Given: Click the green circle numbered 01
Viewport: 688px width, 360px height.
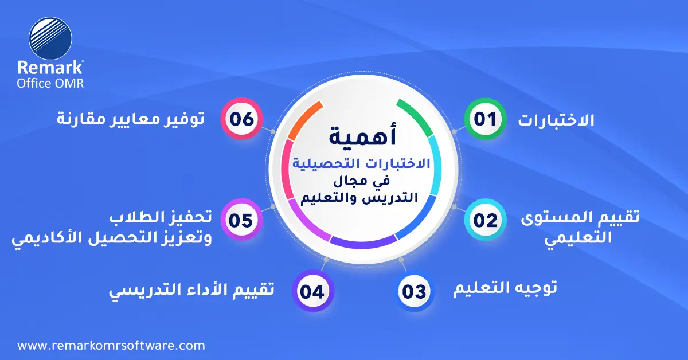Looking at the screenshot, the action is (x=485, y=119).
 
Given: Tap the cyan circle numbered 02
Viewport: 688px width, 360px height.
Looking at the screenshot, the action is (x=485, y=220).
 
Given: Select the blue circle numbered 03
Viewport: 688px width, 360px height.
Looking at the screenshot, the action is (x=414, y=291).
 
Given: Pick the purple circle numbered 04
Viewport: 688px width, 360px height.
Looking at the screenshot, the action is (x=312, y=291).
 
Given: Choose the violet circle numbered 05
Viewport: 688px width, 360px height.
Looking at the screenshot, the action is (x=242, y=220).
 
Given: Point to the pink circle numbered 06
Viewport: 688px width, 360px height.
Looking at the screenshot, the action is (x=242, y=119).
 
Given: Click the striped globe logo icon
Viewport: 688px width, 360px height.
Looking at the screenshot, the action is (x=50, y=38).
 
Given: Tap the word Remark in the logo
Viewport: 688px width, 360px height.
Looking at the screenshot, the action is (x=50, y=67).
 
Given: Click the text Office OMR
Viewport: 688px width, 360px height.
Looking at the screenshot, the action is (x=50, y=83).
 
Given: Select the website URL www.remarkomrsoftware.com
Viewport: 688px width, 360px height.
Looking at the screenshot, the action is (x=111, y=346).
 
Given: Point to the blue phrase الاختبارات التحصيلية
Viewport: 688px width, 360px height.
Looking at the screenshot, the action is (x=361, y=163).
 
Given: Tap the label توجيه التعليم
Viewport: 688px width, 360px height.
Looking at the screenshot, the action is (x=505, y=288).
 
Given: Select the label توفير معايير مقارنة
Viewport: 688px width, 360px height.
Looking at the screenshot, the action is (x=131, y=119).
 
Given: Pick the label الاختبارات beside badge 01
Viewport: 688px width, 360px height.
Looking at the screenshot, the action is (x=556, y=120).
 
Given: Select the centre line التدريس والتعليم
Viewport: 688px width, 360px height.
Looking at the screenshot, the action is (x=359, y=198).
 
